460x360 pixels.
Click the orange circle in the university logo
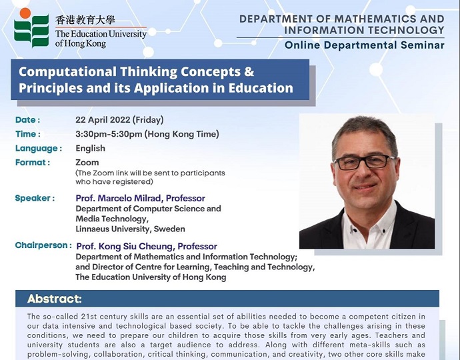click(25, 13)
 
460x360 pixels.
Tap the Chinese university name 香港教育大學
click(85, 20)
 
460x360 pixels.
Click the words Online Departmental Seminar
click(365, 45)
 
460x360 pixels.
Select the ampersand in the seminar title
click(249, 71)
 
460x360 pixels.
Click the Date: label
click(27, 120)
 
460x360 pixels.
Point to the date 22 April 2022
click(103, 120)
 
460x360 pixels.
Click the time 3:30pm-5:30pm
click(109, 134)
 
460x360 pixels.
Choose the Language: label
click(39, 149)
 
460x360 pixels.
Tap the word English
click(91, 148)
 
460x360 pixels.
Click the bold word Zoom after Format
click(87, 163)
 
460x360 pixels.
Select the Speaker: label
click(35, 199)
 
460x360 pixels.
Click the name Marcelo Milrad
click(129, 199)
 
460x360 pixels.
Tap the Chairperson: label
click(43, 245)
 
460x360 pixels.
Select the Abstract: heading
click(55, 299)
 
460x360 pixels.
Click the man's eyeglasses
click(365, 162)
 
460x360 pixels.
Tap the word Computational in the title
click(68, 71)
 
